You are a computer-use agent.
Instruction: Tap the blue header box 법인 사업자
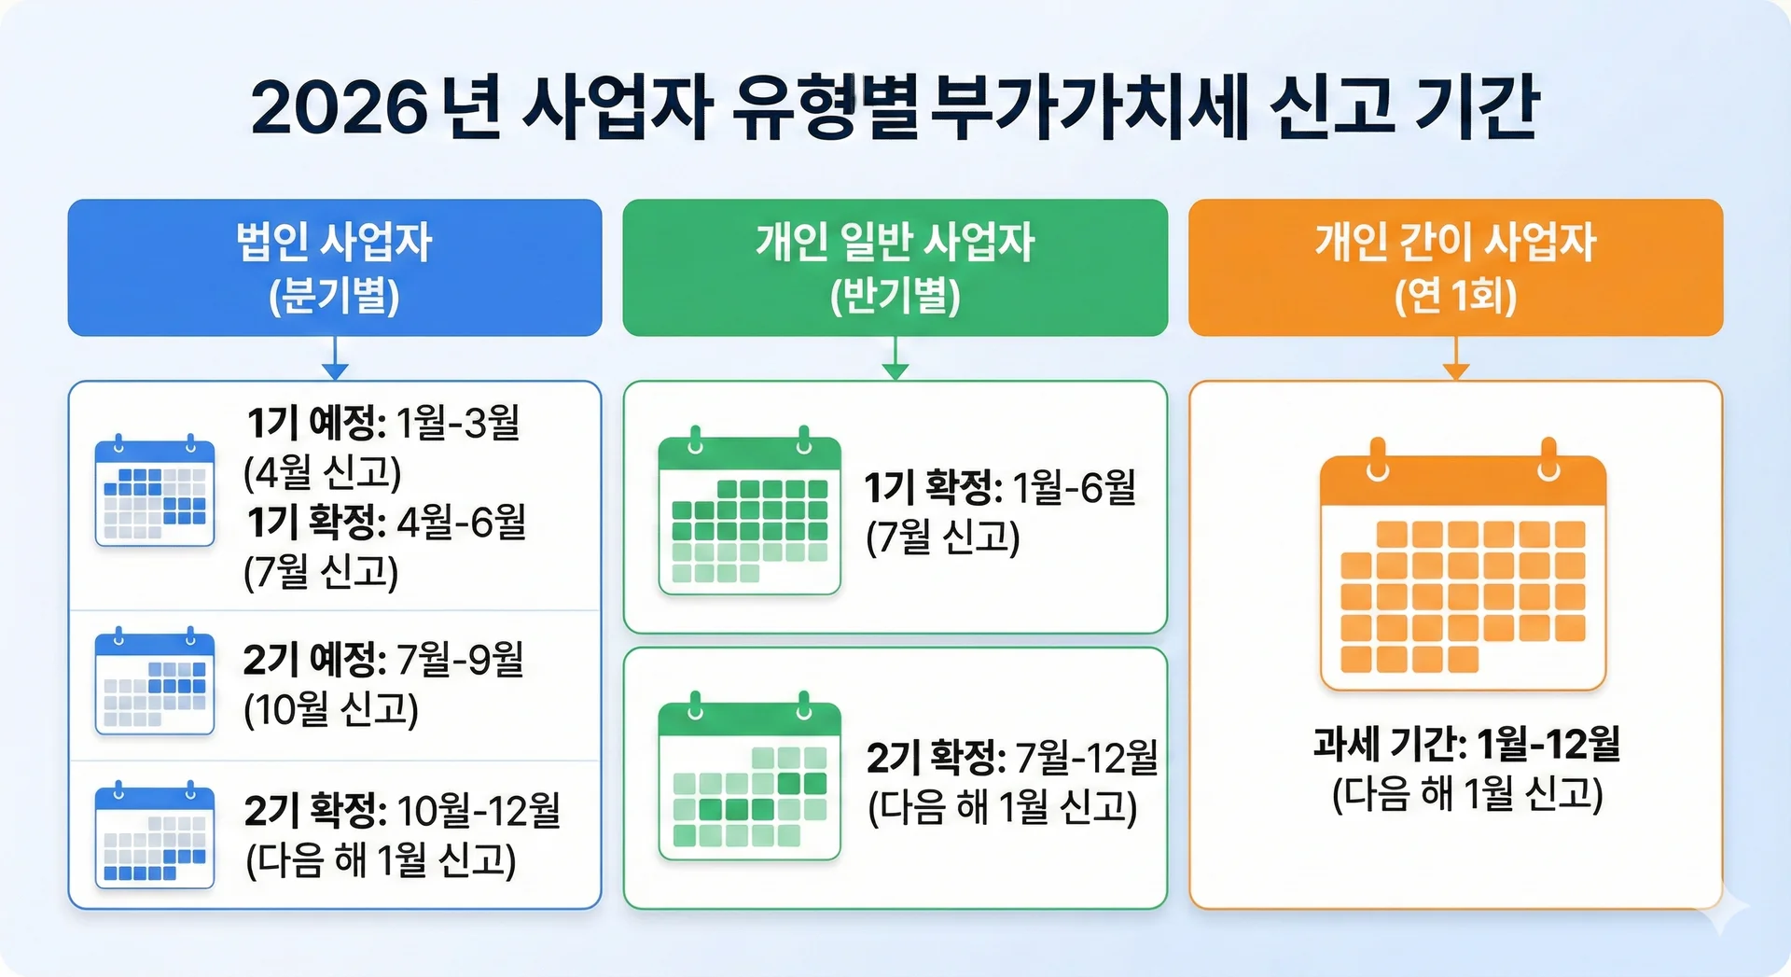(x=335, y=268)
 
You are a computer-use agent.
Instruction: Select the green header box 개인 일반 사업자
(x=895, y=268)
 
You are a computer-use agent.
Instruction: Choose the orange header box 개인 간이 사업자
(x=1455, y=268)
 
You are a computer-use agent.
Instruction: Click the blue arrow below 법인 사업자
(x=335, y=357)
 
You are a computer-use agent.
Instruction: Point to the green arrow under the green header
(x=895, y=357)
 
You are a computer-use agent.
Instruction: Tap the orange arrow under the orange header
(x=1456, y=357)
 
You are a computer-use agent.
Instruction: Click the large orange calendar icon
(x=1463, y=565)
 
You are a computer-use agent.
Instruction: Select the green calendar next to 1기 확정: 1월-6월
(x=750, y=510)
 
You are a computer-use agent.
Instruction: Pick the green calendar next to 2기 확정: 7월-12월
(x=750, y=776)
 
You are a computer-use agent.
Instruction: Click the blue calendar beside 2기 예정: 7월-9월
(x=155, y=681)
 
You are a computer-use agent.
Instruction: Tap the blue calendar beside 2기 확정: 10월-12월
(x=155, y=834)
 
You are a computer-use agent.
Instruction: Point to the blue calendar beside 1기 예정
(x=155, y=490)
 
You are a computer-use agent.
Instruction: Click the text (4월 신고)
(x=323, y=472)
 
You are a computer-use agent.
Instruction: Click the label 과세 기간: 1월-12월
(x=1466, y=744)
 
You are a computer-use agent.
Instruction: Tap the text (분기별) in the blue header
(x=335, y=296)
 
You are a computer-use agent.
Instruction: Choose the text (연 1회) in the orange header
(x=1455, y=296)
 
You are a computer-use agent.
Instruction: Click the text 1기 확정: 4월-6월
(x=386, y=522)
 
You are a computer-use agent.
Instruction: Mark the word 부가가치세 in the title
(x=1089, y=108)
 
